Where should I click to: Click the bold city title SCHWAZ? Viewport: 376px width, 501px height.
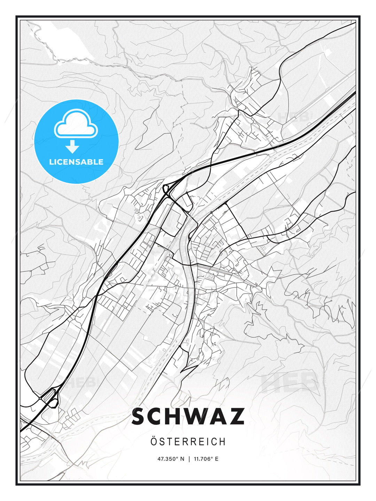pos(188,416)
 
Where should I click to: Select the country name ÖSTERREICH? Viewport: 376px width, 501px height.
pos(188,442)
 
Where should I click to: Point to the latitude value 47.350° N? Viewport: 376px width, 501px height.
pos(171,459)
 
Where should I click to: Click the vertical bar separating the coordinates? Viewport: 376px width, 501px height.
pos(189,459)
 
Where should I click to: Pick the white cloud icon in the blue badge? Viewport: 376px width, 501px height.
pos(76,124)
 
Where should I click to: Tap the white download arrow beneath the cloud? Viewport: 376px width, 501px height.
pos(72,147)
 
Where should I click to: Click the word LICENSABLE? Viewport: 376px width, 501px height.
pos(76,162)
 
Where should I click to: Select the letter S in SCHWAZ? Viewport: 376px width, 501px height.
pos(140,416)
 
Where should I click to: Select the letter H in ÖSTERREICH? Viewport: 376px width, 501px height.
pos(222,442)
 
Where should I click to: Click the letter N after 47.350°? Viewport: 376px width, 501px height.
pos(182,459)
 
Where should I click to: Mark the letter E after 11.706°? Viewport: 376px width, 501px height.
pos(217,459)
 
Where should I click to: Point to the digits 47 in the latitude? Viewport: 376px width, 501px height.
pos(160,459)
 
